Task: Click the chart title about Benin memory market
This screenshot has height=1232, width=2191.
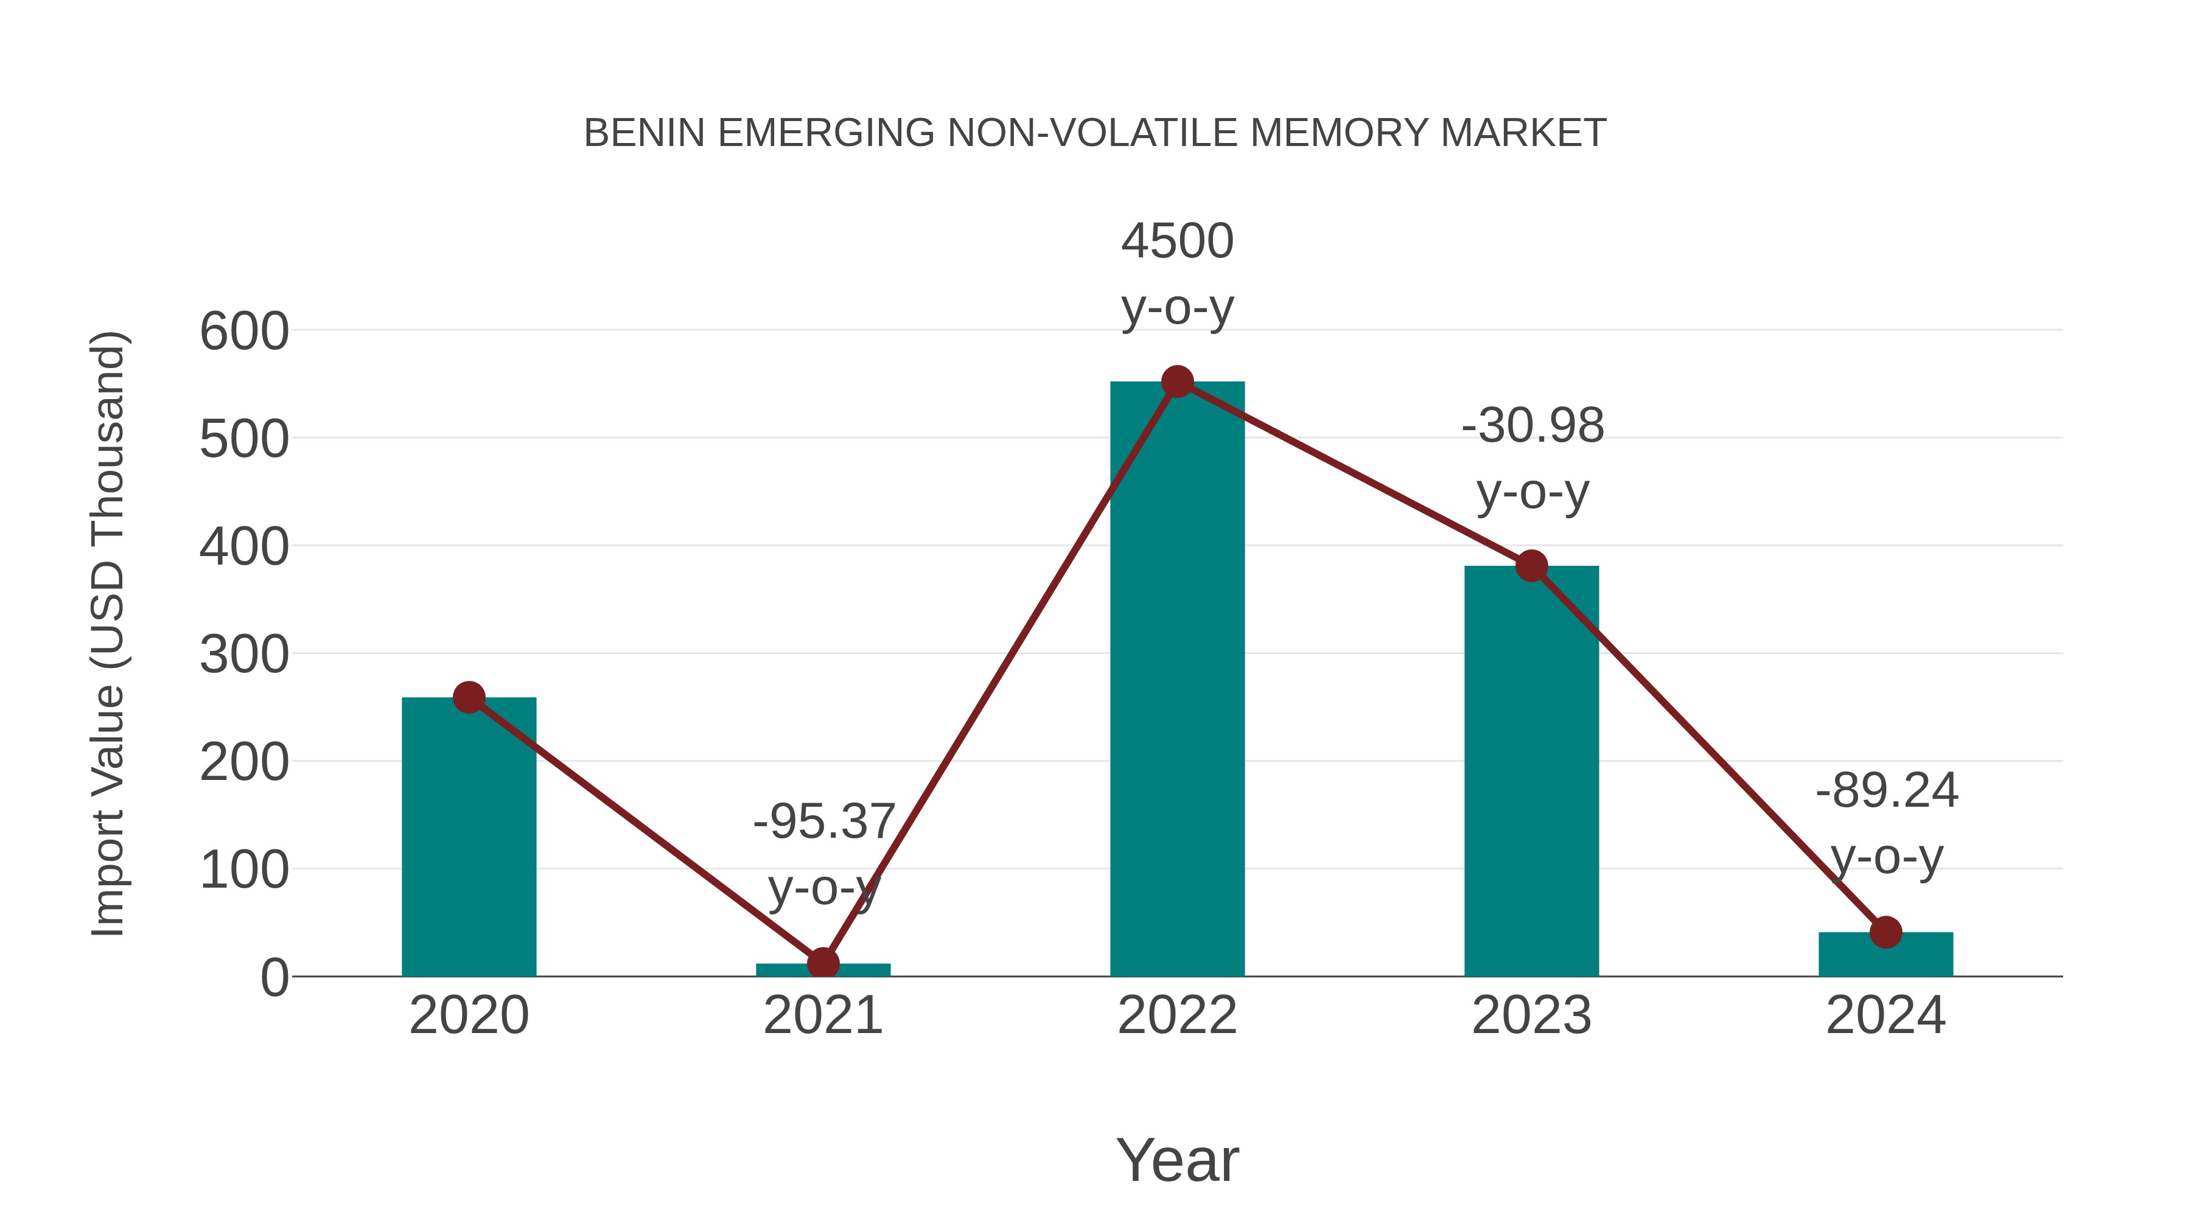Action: [x=1095, y=133]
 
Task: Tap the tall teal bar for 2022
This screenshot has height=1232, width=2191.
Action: [x=1177, y=680]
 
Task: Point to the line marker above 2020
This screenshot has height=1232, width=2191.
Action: [x=469, y=698]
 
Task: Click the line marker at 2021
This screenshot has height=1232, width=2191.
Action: [x=822, y=963]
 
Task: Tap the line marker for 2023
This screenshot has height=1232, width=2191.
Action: [x=1531, y=566]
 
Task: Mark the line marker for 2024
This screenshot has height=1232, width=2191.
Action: [x=1885, y=932]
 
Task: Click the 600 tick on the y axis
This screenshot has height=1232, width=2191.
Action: [x=244, y=332]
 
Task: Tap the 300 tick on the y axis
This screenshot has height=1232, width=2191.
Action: [x=244, y=655]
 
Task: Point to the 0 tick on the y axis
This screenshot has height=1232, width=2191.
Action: [x=274, y=978]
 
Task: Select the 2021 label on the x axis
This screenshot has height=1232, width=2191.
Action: [x=822, y=1016]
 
